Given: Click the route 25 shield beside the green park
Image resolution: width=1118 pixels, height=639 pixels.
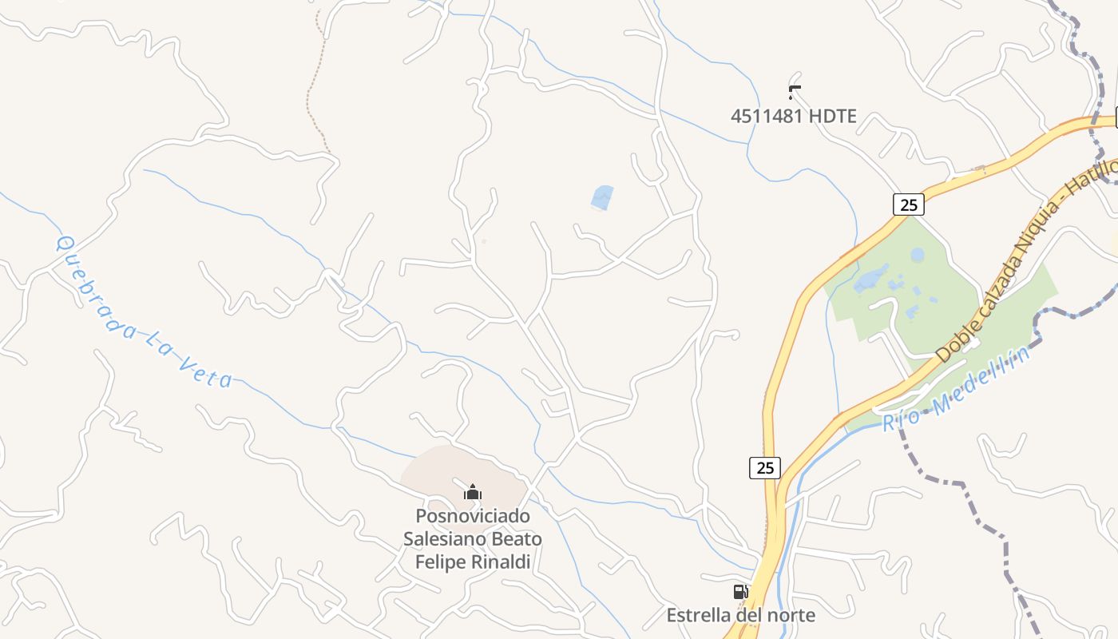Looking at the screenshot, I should tap(908, 204).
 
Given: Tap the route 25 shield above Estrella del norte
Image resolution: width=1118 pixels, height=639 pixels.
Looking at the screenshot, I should tap(765, 467).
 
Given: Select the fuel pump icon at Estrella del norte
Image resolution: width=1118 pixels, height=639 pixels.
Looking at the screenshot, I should tap(740, 592).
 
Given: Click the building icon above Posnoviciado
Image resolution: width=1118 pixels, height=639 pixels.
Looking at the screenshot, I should tap(473, 492).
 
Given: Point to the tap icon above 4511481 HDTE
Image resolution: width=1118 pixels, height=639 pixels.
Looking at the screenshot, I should tap(794, 92).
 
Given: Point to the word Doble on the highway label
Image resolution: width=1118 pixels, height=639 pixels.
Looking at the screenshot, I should tap(953, 342).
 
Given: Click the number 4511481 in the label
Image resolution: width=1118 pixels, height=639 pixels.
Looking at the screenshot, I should tap(767, 117).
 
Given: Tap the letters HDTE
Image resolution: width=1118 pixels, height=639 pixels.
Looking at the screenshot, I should tap(832, 117).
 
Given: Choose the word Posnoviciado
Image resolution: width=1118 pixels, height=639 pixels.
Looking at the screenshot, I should tap(473, 516).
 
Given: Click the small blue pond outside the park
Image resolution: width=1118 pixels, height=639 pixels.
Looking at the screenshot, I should tap(602, 197).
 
